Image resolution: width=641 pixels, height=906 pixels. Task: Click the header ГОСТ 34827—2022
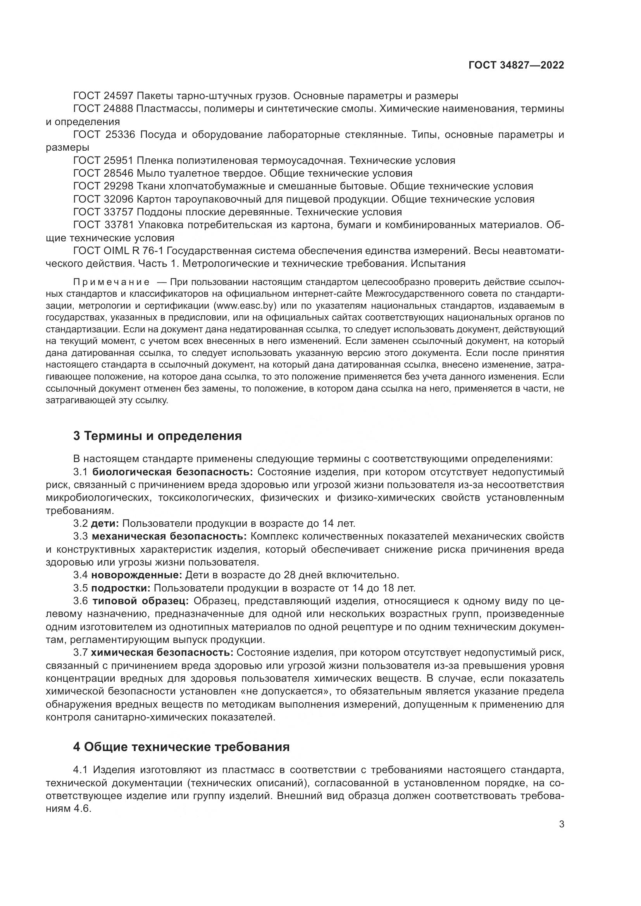[x=516, y=65]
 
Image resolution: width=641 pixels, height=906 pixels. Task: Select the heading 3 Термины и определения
[x=157, y=436]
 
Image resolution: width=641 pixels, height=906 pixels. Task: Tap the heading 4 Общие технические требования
[x=181, y=747]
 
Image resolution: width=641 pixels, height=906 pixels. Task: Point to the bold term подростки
[x=121, y=588]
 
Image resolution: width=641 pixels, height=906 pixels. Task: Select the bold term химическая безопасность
[x=162, y=653]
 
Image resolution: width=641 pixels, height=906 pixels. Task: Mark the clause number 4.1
[x=81, y=770]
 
